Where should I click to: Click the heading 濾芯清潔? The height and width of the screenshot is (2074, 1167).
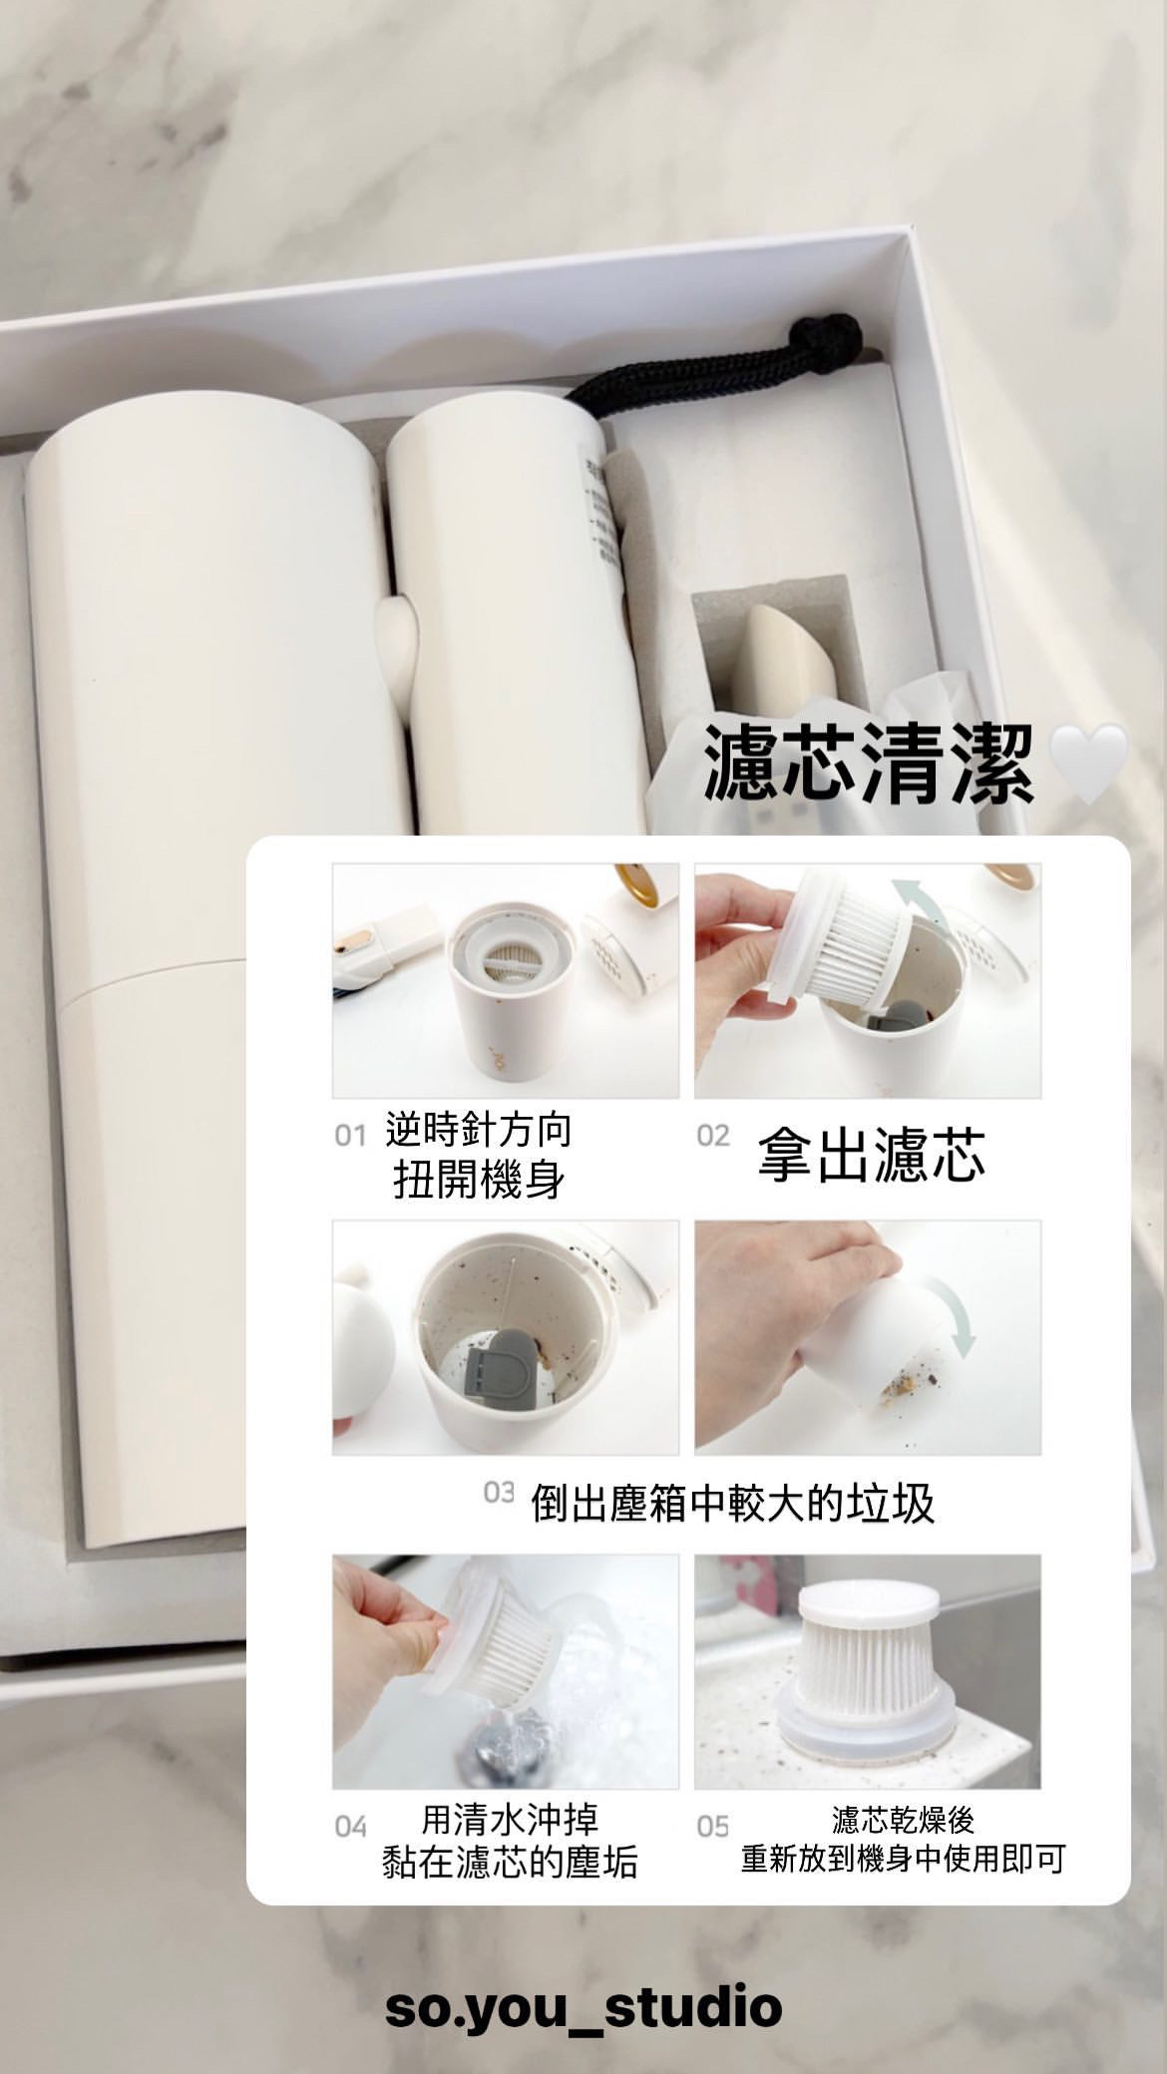(x=868, y=765)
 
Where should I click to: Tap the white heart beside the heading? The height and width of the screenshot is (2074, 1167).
(x=1091, y=762)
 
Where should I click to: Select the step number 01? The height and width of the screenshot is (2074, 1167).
(x=350, y=1137)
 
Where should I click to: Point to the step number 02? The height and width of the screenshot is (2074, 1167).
(x=713, y=1136)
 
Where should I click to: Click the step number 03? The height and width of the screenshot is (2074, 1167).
(x=499, y=1493)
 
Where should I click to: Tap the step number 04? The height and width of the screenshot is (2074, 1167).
(x=351, y=1827)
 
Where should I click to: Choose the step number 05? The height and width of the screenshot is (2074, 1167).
(x=713, y=1827)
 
